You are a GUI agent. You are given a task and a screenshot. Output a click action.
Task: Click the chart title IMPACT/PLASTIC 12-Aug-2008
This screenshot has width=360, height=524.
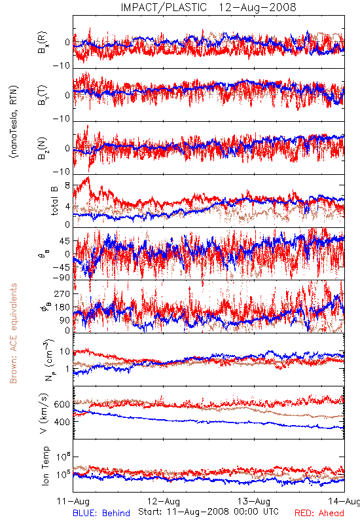208,7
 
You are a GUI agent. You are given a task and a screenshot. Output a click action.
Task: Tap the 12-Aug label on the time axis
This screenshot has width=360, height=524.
164,501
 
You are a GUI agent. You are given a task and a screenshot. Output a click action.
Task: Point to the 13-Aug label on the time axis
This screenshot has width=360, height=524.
254,501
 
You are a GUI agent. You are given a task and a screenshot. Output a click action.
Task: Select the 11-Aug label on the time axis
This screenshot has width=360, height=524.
73,501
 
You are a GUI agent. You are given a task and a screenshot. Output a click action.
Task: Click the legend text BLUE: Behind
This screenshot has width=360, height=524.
101,513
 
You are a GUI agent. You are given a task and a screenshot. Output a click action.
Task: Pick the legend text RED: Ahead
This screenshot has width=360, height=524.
319,513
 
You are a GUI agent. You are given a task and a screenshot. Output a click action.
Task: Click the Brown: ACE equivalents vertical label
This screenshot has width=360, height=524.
13,333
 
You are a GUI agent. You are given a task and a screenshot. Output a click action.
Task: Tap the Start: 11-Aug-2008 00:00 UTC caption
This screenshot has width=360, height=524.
208,512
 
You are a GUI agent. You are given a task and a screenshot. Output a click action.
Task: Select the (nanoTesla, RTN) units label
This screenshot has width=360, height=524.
14,122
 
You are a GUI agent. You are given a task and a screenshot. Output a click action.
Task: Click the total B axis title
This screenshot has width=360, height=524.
54,200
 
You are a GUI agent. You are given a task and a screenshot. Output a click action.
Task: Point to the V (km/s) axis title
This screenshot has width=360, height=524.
44,413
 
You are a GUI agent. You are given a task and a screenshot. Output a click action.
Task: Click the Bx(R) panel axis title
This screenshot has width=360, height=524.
43,43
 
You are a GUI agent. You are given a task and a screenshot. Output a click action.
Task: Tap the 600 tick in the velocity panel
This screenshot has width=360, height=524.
62,404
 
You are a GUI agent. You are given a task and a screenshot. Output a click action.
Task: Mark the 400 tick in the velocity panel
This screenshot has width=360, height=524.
62,422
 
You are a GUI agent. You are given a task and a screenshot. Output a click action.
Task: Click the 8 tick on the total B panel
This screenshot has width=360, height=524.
67,185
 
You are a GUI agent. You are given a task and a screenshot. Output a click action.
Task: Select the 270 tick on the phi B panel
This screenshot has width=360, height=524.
62,293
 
